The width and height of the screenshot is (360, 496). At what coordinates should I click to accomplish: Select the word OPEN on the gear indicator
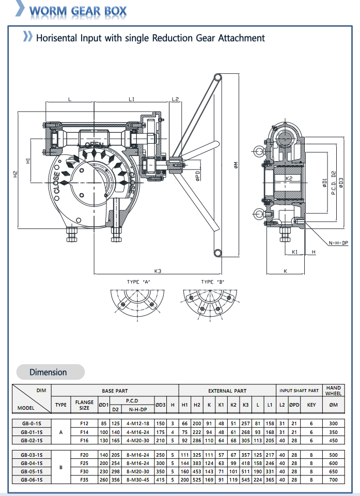94,145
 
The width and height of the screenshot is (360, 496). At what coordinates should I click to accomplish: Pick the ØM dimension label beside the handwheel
234,165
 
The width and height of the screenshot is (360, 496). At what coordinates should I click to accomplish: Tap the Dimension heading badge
48,372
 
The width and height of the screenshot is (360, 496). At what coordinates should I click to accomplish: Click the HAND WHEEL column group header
333,391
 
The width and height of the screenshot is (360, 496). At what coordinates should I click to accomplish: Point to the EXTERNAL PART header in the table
227,391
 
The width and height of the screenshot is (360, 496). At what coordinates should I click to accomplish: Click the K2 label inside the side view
289,178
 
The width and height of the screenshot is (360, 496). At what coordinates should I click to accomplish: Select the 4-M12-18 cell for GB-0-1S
137,424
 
